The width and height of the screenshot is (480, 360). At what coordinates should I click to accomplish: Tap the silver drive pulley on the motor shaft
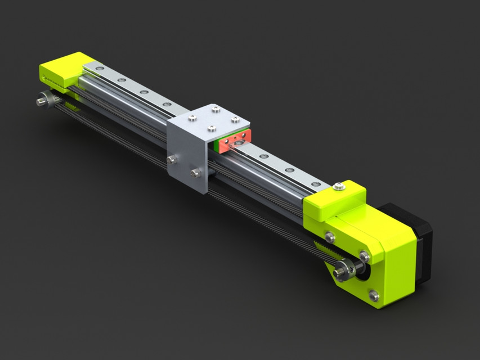pyautogui.click(x=344, y=271)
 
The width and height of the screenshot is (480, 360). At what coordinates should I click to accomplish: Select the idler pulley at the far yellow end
pyautogui.click(x=47, y=100)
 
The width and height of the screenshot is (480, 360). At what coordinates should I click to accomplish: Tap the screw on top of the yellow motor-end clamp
pyautogui.click(x=339, y=187)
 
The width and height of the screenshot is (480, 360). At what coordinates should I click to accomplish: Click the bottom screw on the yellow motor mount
pyautogui.click(x=374, y=294)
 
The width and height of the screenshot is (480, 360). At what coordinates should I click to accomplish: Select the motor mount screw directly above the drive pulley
pyautogui.click(x=364, y=256)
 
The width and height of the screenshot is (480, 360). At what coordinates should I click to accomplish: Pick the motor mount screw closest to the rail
pyautogui.click(x=330, y=237)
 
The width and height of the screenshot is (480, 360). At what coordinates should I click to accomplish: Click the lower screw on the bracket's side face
pyautogui.click(x=195, y=173)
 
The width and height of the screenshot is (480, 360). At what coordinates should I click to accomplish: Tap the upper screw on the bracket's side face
pyautogui.click(x=172, y=160)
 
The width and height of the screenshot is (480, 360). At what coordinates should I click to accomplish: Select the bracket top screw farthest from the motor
pyautogui.click(x=192, y=118)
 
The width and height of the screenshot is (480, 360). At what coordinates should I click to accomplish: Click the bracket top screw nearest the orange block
pyautogui.click(x=235, y=119)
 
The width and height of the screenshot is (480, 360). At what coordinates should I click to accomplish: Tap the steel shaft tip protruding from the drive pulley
pyautogui.click(x=339, y=274)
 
